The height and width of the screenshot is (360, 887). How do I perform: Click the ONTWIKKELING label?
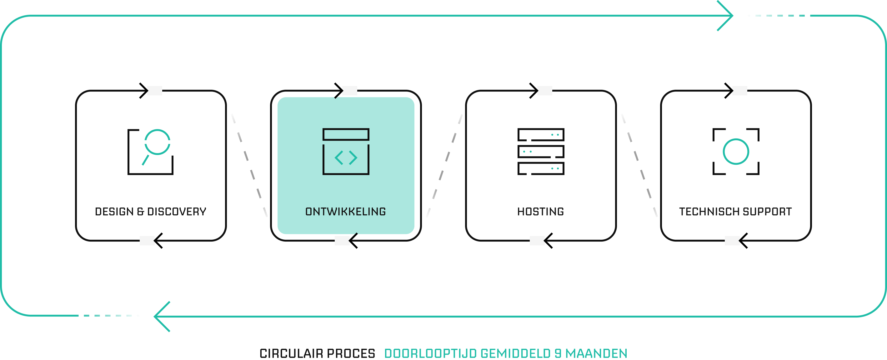click(x=345, y=211)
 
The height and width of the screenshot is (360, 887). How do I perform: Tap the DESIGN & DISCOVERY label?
click(x=150, y=211)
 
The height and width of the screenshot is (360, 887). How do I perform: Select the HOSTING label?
click(x=541, y=211)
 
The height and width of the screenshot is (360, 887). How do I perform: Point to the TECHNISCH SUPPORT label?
click(x=735, y=211)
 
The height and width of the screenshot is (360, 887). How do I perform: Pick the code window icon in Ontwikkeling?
click(x=346, y=152)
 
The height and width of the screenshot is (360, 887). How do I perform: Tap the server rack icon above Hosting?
click(x=541, y=152)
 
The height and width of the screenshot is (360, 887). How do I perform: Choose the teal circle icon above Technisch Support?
click(x=736, y=152)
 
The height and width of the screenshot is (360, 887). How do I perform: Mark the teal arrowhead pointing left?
click(x=161, y=316)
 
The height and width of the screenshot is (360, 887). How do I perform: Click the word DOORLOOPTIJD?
click(x=430, y=353)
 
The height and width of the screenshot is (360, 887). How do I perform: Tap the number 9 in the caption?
click(x=558, y=353)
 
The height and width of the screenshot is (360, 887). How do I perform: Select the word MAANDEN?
click(x=596, y=353)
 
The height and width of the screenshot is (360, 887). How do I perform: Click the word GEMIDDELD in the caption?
click(x=515, y=353)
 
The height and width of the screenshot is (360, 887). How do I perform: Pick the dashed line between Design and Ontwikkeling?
click(x=249, y=165)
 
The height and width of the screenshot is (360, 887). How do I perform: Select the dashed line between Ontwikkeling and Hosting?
click(x=444, y=165)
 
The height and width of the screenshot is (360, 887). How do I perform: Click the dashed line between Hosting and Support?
click(x=639, y=165)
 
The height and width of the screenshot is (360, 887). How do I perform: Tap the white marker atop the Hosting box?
click(x=545, y=91)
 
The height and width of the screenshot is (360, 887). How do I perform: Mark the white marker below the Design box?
click(x=147, y=241)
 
